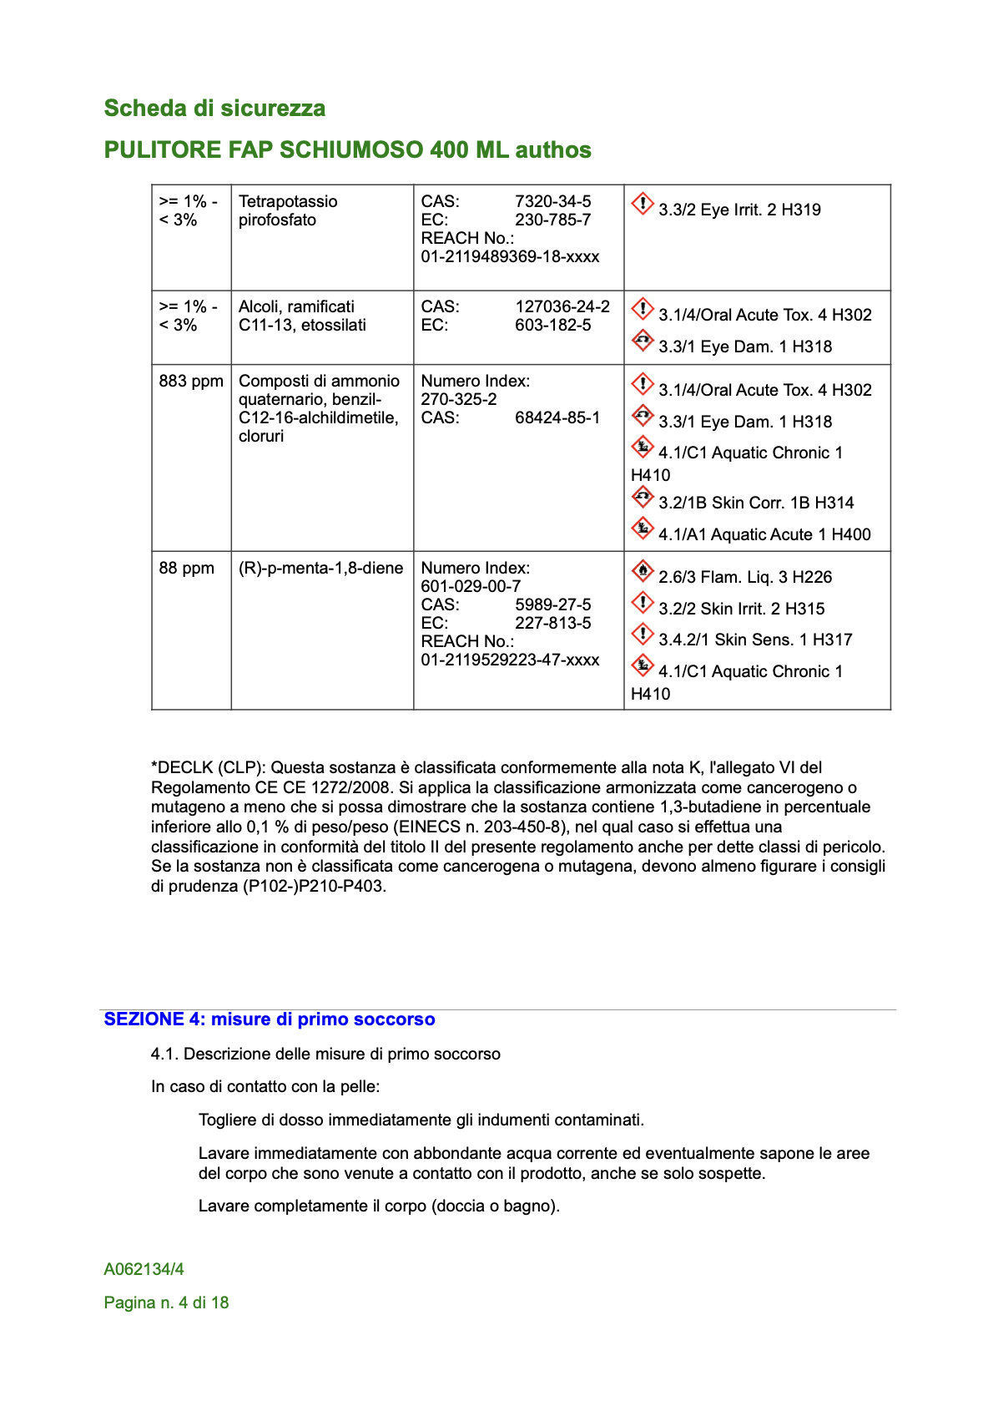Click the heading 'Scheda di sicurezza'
click(214, 109)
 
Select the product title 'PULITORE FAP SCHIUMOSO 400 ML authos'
click(347, 150)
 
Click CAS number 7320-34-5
click(552, 201)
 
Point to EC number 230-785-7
click(552, 220)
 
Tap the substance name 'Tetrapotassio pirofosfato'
click(288, 210)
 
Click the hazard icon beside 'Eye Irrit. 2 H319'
click(642, 204)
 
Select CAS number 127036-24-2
click(562, 306)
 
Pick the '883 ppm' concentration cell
click(191, 381)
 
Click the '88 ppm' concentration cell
click(186, 568)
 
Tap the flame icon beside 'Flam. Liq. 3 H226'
click(642, 571)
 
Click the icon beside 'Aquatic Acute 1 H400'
click(642, 529)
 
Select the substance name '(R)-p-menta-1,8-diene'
click(320, 568)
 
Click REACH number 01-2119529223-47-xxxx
click(510, 660)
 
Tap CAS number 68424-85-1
click(557, 417)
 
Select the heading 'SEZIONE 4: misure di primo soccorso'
click(269, 1019)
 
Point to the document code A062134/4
click(144, 1269)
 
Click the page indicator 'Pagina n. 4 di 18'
click(166, 1302)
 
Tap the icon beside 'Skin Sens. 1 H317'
click(642, 634)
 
